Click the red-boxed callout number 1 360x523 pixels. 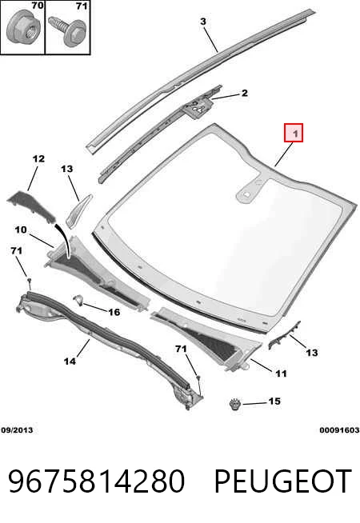[x=294, y=133]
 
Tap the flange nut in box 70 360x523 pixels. [x=22, y=27]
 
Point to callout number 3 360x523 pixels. [x=203, y=22]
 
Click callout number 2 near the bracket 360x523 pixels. [x=245, y=93]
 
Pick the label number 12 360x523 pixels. [x=38, y=158]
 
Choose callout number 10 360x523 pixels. [x=21, y=230]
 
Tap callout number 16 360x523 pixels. [x=114, y=312]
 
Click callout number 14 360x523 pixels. [x=70, y=361]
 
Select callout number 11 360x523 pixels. [x=281, y=373]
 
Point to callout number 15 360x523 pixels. [x=274, y=401]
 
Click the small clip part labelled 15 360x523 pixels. [x=235, y=405]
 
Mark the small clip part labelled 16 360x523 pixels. [x=78, y=299]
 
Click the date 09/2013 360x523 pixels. [x=17, y=430]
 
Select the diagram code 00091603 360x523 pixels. [x=339, y=430]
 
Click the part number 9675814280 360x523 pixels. [x=96, y=481]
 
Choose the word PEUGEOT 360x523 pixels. [x=283, y=481]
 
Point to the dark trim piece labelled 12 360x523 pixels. [x=31, y=206]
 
